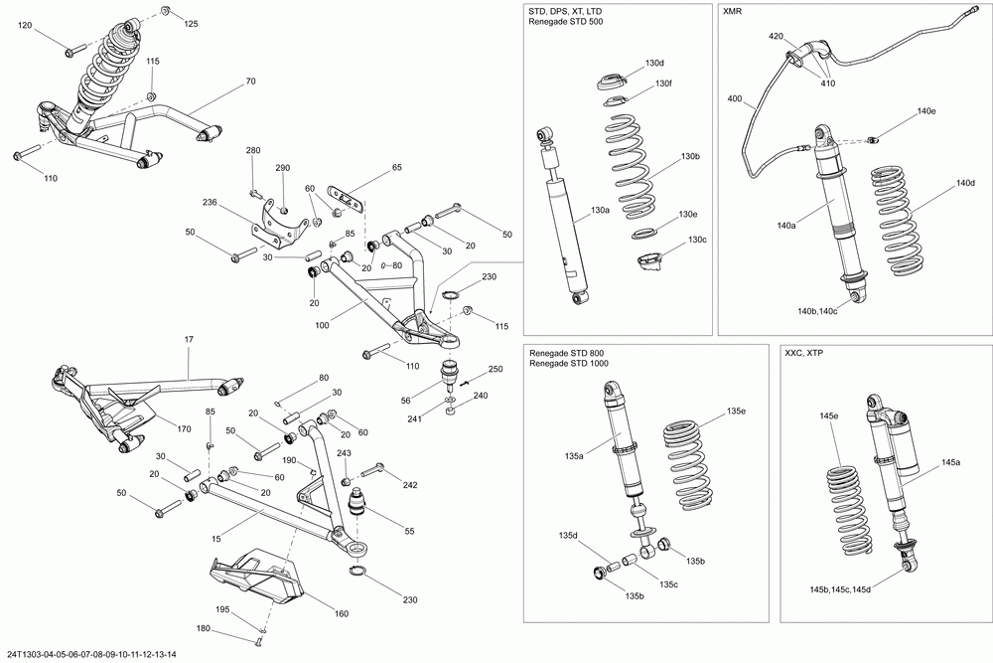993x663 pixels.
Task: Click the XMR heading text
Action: tap(735, 11)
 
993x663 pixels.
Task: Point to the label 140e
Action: tap(926, 110)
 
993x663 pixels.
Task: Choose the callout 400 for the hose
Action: tap(735, 99)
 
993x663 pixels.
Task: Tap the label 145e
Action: tap(828, 415)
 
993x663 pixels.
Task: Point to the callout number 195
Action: tap(224, 608)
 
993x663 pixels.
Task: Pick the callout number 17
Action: tap(189, 340)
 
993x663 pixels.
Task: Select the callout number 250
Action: tap(496, 370)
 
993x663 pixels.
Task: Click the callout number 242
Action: tap(410, 485)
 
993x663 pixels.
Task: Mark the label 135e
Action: tap(736, 411)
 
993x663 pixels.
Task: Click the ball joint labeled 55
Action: tap(358, 497)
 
